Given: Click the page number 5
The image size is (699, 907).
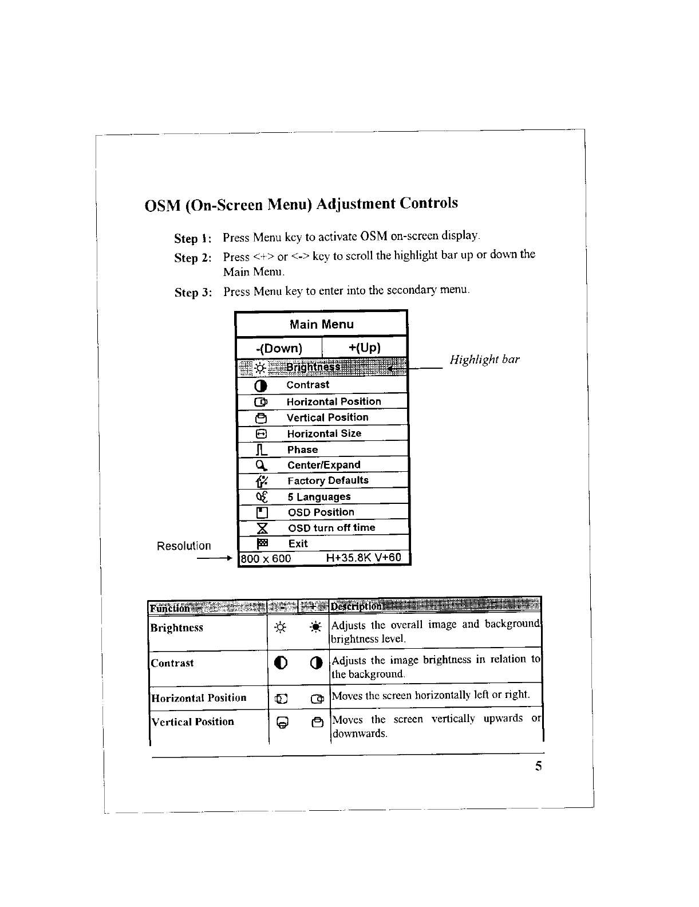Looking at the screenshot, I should coord(538,767).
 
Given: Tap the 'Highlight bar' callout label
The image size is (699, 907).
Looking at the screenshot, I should coord(484,360).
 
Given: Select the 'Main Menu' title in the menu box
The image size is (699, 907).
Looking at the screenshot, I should coord(321,325).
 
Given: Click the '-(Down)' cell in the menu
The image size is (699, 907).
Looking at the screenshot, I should coord(279,348).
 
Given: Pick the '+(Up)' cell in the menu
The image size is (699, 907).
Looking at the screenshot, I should coord(364,348).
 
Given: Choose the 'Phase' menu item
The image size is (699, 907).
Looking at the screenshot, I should coord(302,449).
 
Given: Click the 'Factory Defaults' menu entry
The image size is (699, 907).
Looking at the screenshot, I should coord(327,480).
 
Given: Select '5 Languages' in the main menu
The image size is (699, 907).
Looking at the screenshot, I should coord(319,496).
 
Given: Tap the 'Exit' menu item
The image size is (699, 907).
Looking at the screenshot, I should coord(298,543).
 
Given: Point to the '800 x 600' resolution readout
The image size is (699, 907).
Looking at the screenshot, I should coord(266,558).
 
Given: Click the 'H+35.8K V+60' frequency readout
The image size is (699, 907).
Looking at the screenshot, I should coord(364,558).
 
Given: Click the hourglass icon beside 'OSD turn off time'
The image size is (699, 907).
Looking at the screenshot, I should coord(260,528).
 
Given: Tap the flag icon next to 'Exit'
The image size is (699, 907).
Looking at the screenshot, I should coord(260,543).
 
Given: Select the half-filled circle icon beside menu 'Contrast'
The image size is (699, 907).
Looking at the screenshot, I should coord(260,385).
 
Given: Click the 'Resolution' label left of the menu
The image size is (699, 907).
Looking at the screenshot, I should coord(184,546).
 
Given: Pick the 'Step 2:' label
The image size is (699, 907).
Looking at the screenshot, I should coord(193,258).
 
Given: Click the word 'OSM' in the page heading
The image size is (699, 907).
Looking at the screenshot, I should coord(162,206).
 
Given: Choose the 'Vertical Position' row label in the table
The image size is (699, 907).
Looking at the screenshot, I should coord(192,721).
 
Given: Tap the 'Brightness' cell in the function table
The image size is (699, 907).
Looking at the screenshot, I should coord(177,628).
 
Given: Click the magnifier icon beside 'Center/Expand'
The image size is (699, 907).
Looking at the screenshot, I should coord(260,465).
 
